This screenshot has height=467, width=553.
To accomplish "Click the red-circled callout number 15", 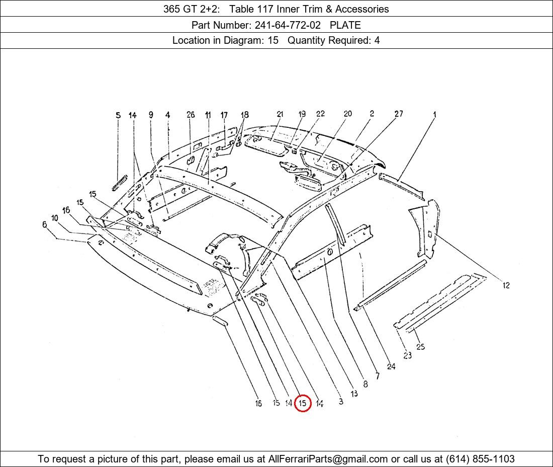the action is [x=302, y=403].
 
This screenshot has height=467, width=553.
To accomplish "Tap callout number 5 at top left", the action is [x=118, y=115].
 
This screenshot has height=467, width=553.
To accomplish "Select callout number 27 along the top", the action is [x=399, y=114].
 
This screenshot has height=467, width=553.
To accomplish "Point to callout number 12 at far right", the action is [x=506, y=285].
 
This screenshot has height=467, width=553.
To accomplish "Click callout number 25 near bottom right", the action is [x=420, y=347].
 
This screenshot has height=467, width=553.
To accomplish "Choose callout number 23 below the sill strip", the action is [x=407, y=355].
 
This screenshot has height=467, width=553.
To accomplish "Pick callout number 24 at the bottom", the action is [x=391, y=366].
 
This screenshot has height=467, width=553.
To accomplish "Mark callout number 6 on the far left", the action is [x=44, y=224].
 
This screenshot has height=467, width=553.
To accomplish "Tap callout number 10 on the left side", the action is [x=55, y=218].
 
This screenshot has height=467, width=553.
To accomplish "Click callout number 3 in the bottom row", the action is [x=341, y=402].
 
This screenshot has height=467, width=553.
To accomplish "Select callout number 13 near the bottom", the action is [x=354, y=394].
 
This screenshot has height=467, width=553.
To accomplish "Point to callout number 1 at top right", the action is [x=435, y=114].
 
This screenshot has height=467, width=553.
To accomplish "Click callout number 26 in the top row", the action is [x=191, y=114].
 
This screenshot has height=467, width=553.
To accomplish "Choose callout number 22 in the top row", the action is [x=320, y=114].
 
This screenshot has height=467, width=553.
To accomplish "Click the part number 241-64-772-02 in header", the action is [x=288, y=25].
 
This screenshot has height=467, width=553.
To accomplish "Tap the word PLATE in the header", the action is [x=345, y=25].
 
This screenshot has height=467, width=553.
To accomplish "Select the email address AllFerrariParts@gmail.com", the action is [x=328, y=459].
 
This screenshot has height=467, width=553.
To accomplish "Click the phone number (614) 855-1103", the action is [x=480, y=459].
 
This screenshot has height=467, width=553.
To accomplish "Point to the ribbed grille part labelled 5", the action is [x=119, y=183].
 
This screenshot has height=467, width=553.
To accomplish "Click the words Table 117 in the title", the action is [x=250, y=9].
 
